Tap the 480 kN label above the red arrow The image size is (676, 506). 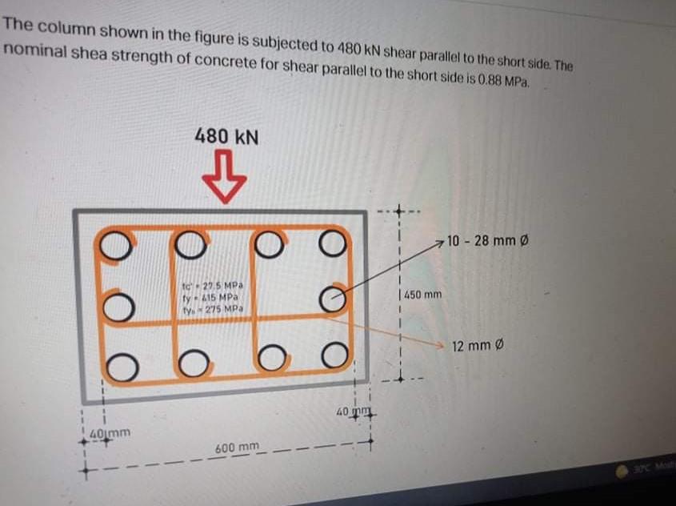click(x=226, y=136)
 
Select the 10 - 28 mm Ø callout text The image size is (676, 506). click(x=489, y=240)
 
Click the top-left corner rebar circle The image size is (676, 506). click(x=116, y=245)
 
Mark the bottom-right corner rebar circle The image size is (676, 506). click(x=336, y=352)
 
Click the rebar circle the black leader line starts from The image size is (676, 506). click(x=336, y=299)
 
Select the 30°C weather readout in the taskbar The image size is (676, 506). click(x=648, y=468)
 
